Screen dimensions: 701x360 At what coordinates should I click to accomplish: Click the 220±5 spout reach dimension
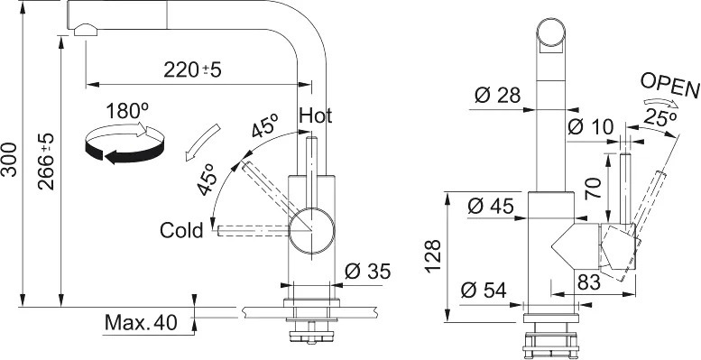pyautogui.click(x=192, y=69)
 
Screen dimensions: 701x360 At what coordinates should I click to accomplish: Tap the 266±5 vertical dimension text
pyautogui.click(x=45, y=161)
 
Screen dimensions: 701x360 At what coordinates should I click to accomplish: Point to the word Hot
pyautogui.click(x=316, y=115)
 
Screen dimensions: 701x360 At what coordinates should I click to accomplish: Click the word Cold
pyautogui.click(x=181, y=231)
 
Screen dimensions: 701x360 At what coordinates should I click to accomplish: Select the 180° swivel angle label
pyautogui.click(x=127, y=111)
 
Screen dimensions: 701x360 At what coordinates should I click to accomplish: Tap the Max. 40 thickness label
pyautogui.click(x=141, y=322)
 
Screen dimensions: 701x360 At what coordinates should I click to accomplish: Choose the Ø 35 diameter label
pyautogui.click(x=368, y=271)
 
